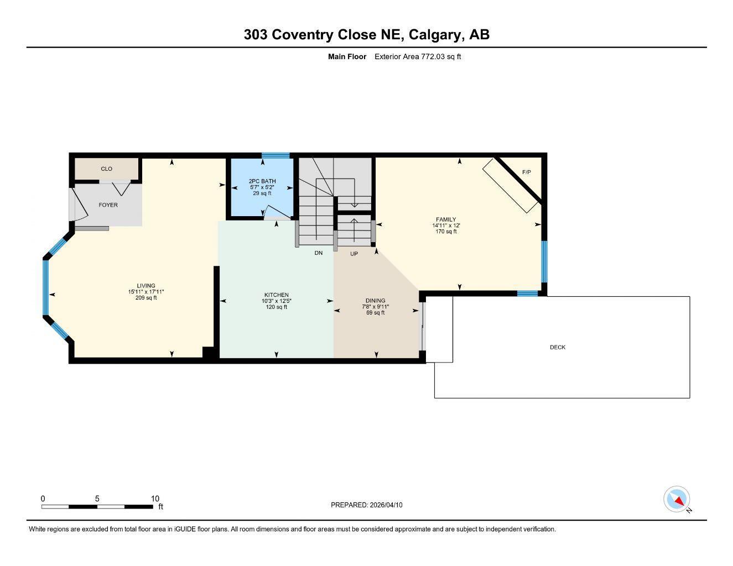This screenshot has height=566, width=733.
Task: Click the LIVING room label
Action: (x=146, y=286)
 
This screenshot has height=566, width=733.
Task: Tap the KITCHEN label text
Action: (x=276, y=295)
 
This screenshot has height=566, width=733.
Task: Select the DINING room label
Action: (x=375, y=301)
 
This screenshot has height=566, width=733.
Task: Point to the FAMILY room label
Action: (x=445, y=219)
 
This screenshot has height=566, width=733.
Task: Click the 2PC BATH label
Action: (x=262, y=181)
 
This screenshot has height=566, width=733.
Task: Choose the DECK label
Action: (x=557, y=347)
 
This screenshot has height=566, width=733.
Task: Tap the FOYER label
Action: (x=108, y=205)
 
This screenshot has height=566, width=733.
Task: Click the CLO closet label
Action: (x=106, y=169)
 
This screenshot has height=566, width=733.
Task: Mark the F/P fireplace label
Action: (x=526, y=172)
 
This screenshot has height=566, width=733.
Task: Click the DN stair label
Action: (x=318, y=253)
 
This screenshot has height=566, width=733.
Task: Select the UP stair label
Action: (x=353, y=254)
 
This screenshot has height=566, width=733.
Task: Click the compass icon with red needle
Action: (x=677, y=500)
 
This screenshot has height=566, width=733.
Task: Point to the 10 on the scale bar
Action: (x=155, y=499)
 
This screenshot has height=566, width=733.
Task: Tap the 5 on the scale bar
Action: (x=97, y=499)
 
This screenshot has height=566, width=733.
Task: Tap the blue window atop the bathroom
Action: (x=275, y=155)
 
